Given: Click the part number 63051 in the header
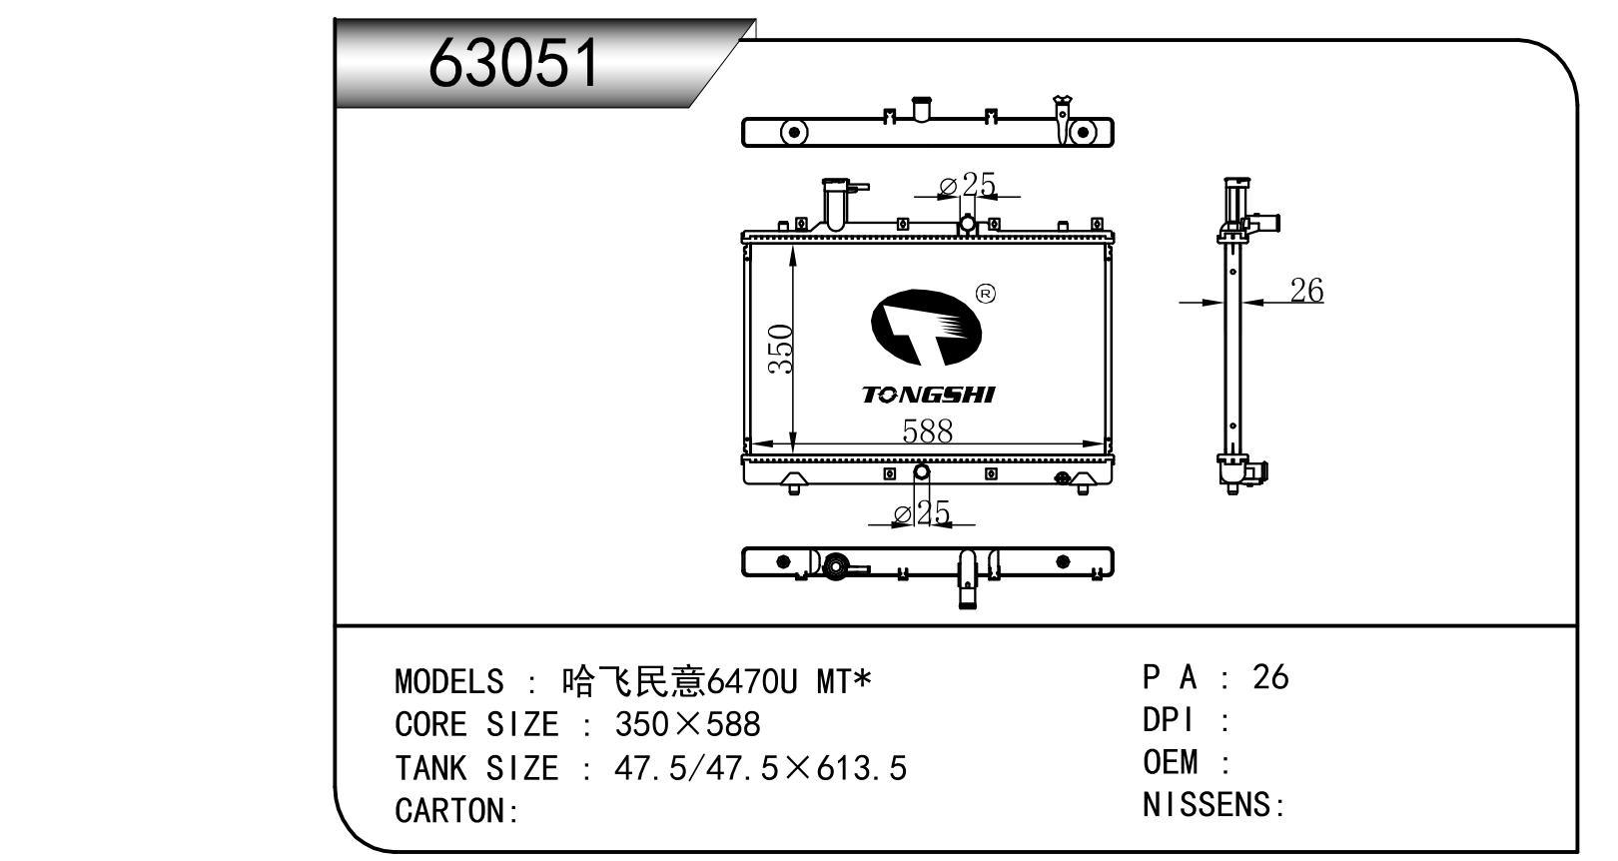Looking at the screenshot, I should tap(513, 63).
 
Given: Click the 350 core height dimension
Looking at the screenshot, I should tap(781, 349).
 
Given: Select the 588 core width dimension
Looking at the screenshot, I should tap(927, 430).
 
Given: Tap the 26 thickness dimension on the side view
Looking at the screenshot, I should tap(1305, 291).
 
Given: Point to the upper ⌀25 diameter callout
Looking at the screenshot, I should tap(967, 185).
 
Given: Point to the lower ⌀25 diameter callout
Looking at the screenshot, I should tap(921, 513).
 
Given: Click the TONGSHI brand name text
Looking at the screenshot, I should tap(928, 395).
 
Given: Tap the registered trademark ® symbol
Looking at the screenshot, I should tap(985, 294).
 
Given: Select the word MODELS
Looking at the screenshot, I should tap(449, 682).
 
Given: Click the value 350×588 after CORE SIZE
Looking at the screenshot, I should tap(687, 725).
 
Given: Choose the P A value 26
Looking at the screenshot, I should tap(1270, 677).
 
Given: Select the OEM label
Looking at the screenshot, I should tap(1170, 763).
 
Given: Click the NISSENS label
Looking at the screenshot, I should tap(1208, 805).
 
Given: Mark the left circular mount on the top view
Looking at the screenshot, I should tap(793, 132).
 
